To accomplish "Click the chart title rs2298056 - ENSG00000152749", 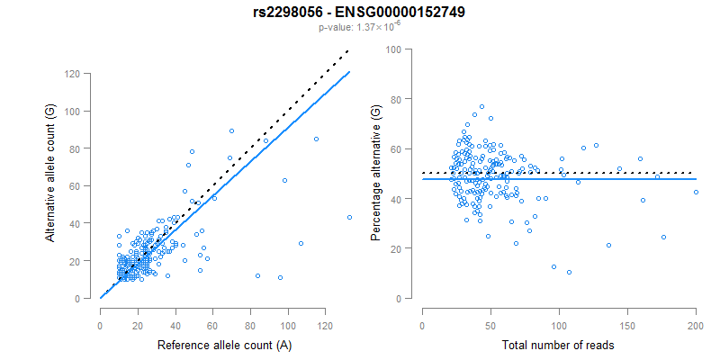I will point(359,12).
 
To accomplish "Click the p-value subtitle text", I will point(359,27).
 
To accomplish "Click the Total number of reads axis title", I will point(558,346).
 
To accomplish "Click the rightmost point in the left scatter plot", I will point(349,217).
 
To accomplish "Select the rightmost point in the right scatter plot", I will point(696,192).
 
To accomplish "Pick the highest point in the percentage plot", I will point(481,107).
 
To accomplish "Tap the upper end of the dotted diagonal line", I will point(348,52).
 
